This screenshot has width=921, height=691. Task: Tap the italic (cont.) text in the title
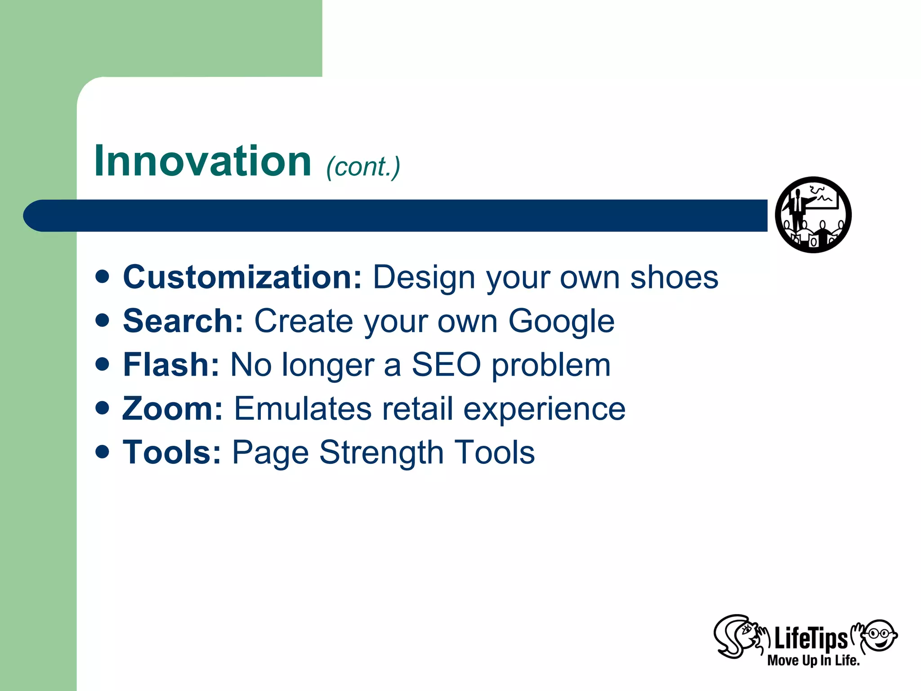tap(363, 167)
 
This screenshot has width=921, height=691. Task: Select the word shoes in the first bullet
tap(674, 277)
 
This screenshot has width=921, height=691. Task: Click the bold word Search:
tap(183, 321)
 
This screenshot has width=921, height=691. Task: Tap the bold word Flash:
tap(171, 364)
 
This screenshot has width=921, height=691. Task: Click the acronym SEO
tap(446, 364)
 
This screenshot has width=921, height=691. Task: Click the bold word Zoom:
tap(173, 408)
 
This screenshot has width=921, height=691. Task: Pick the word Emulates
tap(302, 408)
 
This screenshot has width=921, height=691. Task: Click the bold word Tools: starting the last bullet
tap(172, 452)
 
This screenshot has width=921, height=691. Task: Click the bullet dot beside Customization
tap(103, 276)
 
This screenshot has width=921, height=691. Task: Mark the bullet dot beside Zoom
tap(103, 408)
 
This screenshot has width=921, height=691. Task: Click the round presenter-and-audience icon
tap(813, 215)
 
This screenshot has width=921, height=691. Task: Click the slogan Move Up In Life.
tap(813, 660)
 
